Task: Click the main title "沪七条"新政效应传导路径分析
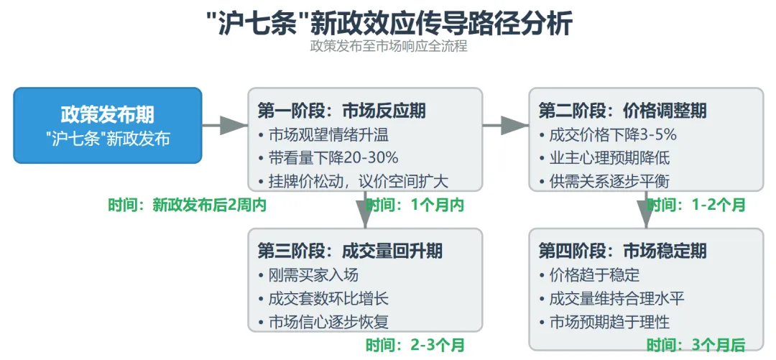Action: pyautogui.click(x=388, y=23)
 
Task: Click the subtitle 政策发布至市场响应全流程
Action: pyautogui.click(x=388, y=47)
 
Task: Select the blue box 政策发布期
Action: pyautogui.click(x=108, y=125)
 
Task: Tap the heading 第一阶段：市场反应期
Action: pyautogui.click(x=341, y=111)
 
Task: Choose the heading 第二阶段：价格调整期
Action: pyautogui.click(x=622, y=111)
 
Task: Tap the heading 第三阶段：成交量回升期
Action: pyautogui.click(x=350, y=251)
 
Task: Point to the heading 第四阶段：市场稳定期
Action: pyautogui.click(x=622, y=251)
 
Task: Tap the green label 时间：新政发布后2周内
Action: pyautogui.click(x=188, y=205)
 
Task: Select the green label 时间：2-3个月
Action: pyautogui.click(x=415, y=344)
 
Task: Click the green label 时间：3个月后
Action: pyautogui.click(x=696, y=344)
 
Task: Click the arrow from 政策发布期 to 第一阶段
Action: pyautogui.click(x=225, y=125)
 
